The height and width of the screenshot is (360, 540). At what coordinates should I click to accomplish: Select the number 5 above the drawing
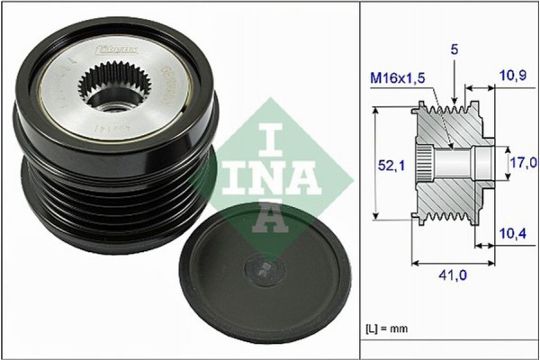tap(455, 52)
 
